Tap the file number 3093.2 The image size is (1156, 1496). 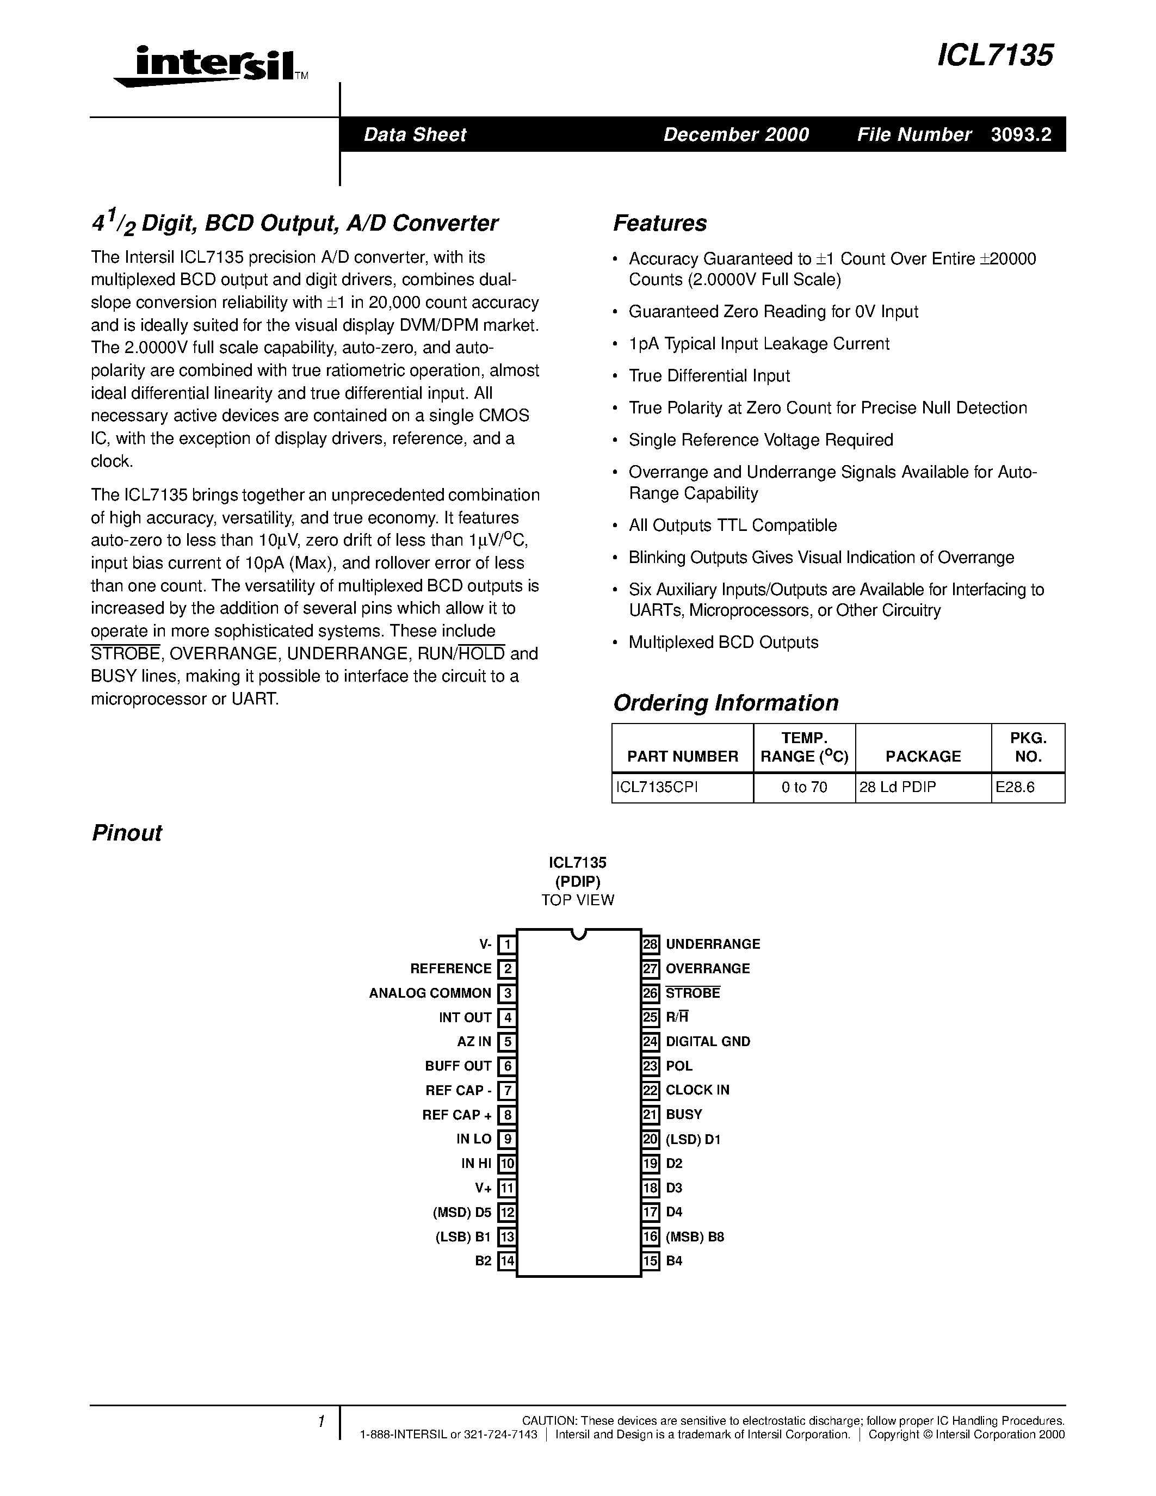[x=1021, y=134]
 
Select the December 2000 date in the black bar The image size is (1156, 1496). [x=736, y=134]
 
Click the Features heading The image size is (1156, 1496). [x=659, y=223]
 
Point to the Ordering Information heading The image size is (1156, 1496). [x=725, y=703]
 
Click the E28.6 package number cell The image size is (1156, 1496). [x=1015, y=787]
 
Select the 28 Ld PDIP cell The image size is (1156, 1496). [x=897, y=787]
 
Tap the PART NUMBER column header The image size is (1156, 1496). [x=682, y=756]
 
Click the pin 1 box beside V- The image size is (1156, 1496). [x=507, y=944]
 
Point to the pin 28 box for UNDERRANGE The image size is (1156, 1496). [x=651, y=944]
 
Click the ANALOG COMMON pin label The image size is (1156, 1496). [x=430, y=993]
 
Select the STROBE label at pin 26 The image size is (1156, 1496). [x=693, y=993]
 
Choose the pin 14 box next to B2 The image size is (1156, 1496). [x=507, y=1261]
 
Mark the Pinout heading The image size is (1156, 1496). [x=127, y=833]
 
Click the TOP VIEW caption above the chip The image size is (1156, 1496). [x=577, y=900]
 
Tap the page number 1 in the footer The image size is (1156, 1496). [x=320, y=1422]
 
